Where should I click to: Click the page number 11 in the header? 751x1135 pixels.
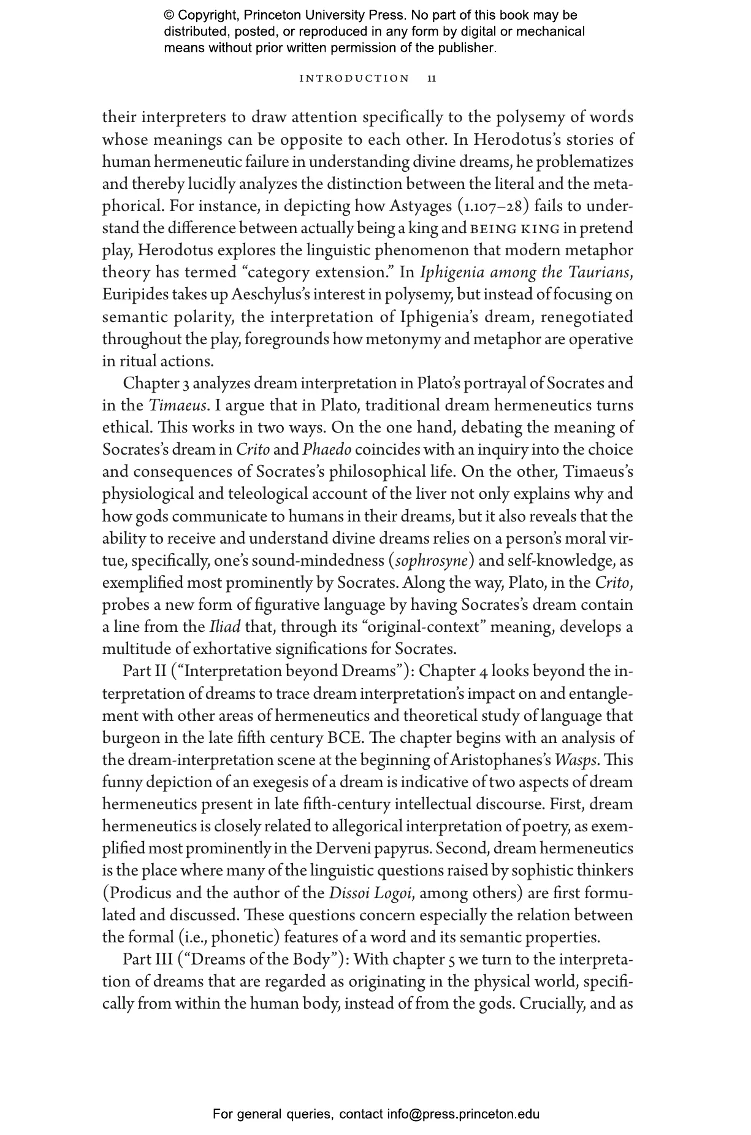[432, 79]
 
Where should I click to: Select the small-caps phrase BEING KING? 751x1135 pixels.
[514, 229]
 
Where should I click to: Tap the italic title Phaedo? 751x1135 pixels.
[327, 450]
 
